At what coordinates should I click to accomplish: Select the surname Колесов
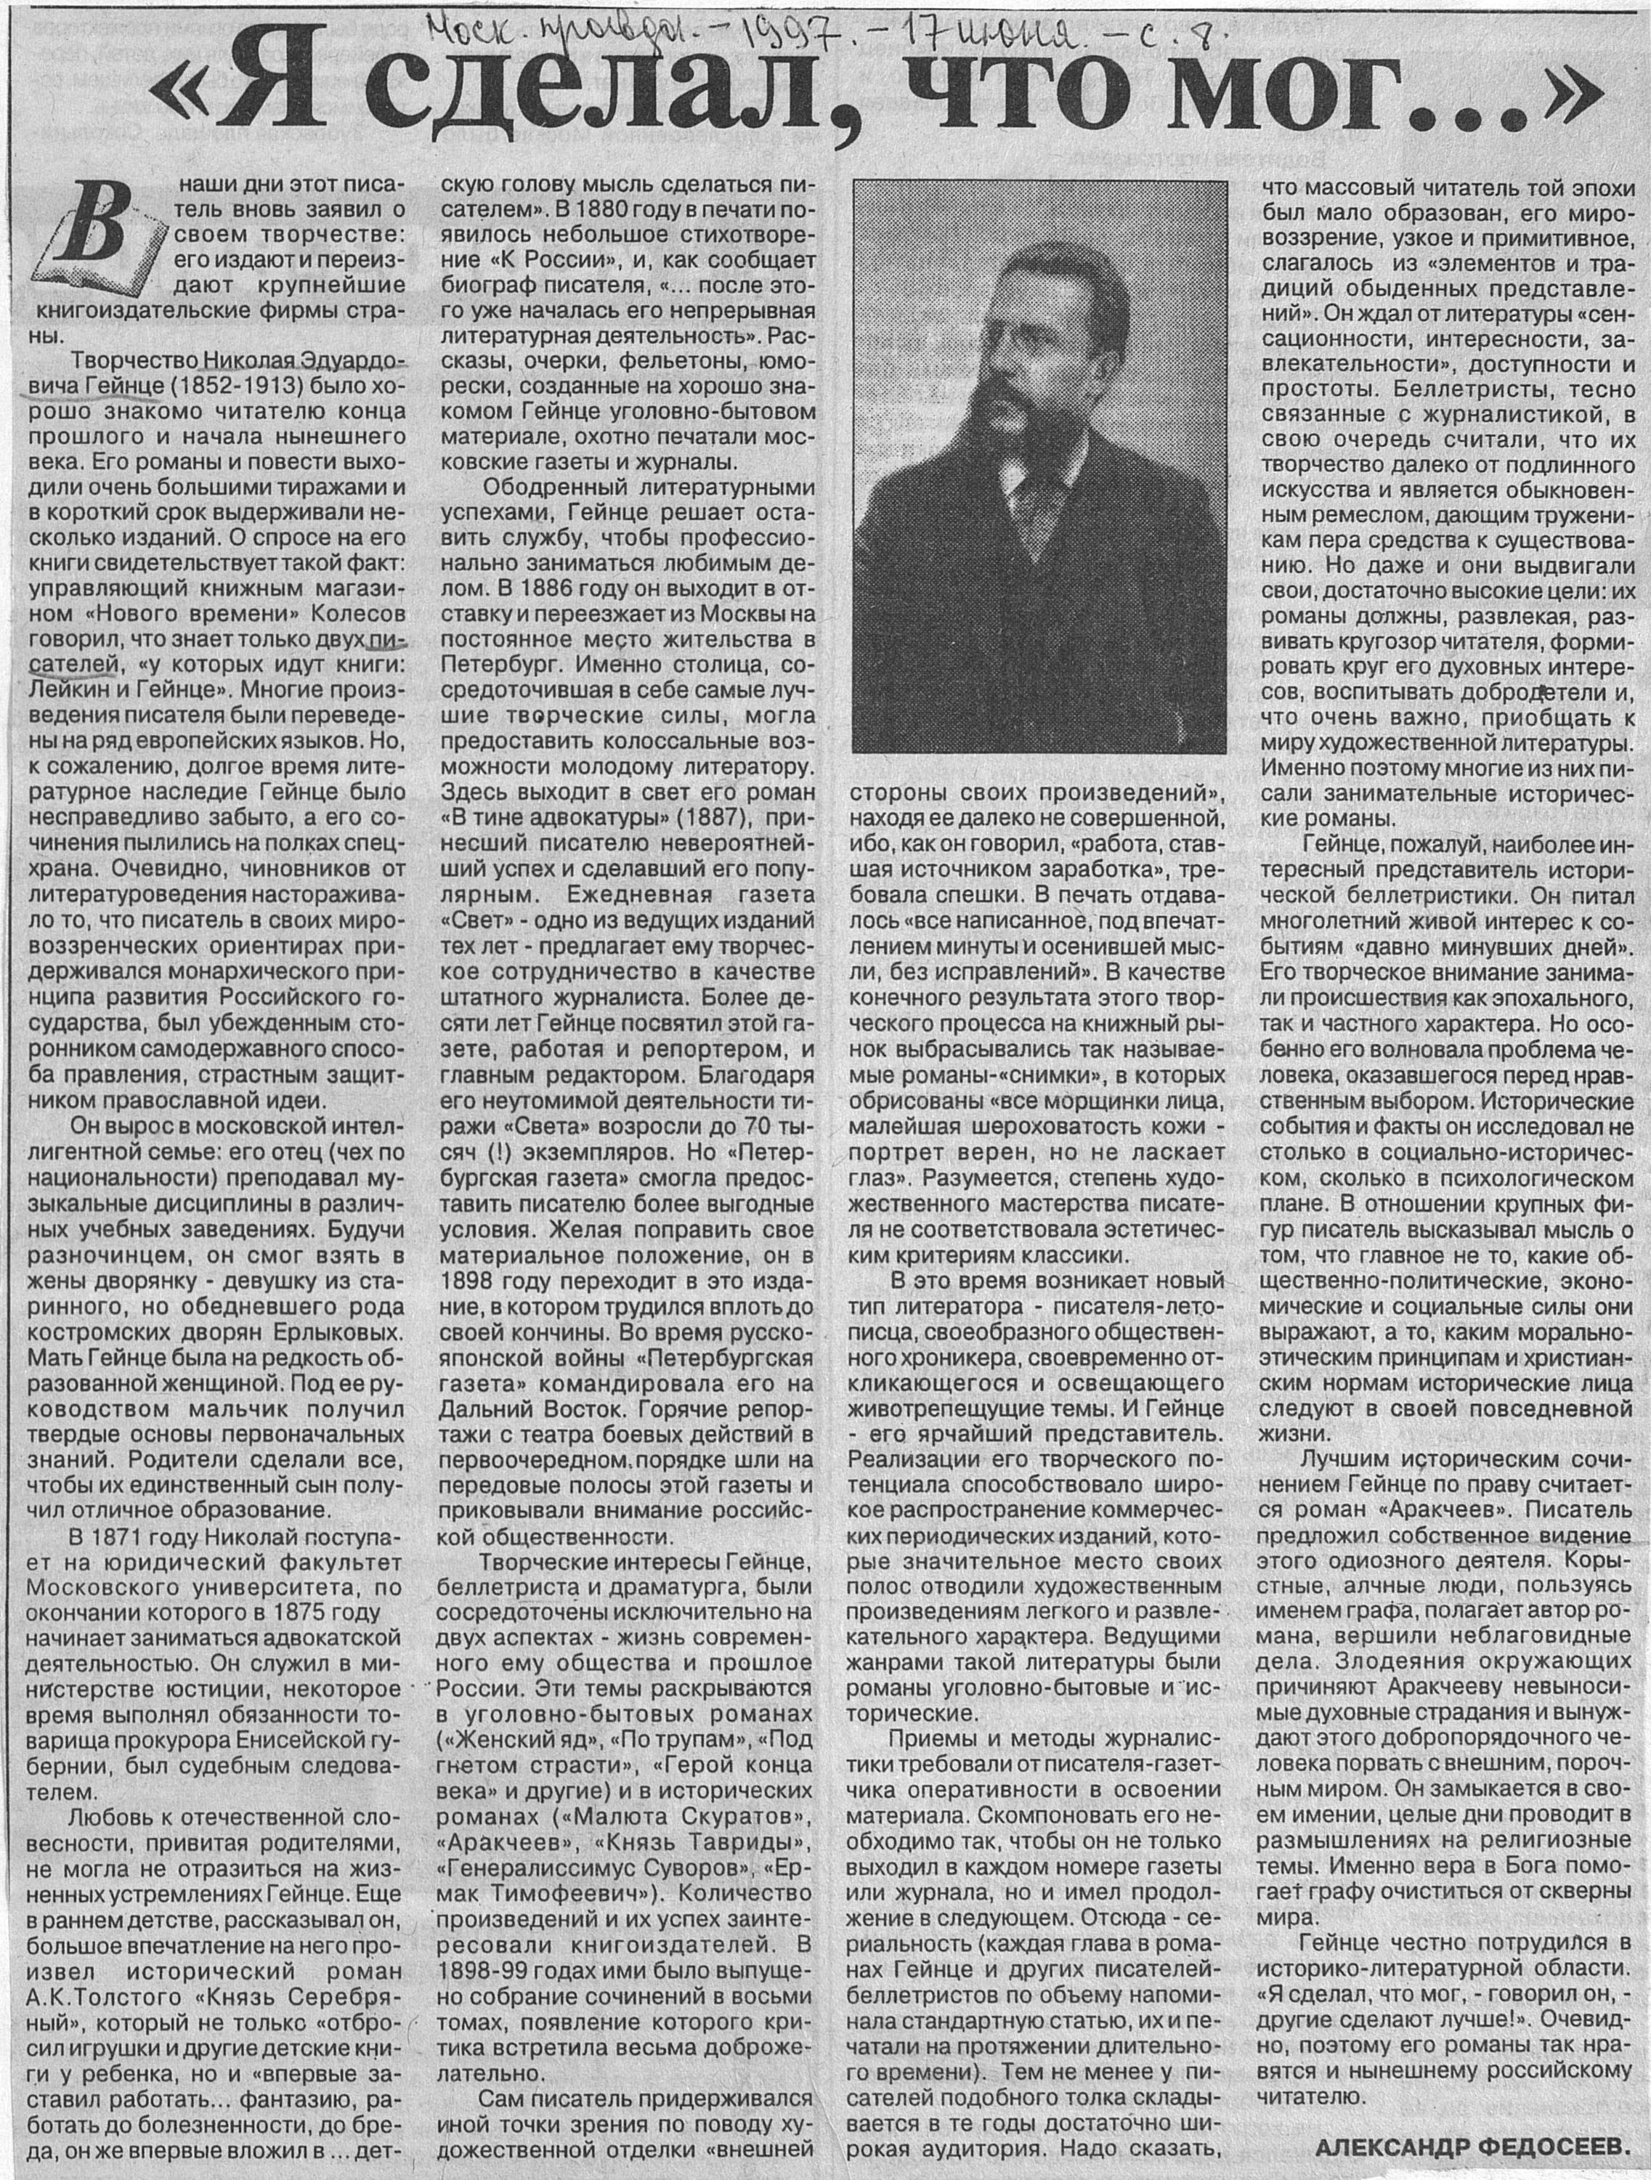[356, 613]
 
